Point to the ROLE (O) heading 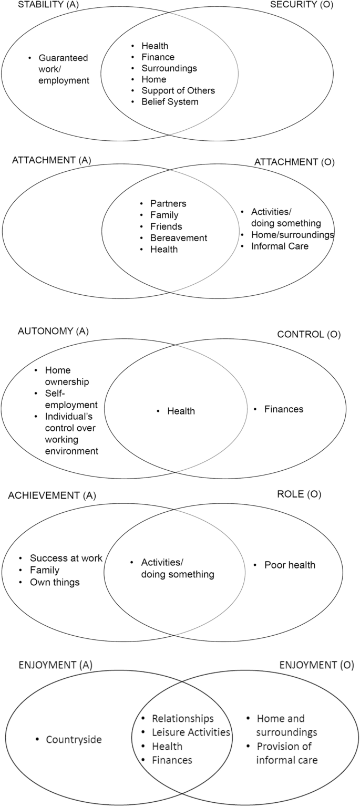(299, 494)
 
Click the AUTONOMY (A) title (54, 331)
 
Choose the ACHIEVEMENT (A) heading (52, 495)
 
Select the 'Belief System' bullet (170, 101)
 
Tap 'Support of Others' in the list (178, 90)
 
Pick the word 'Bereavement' (179, 238)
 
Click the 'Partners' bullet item (168, 203)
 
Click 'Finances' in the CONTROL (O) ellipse (284, 408)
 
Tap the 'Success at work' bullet (66, 558)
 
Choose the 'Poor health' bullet (290, 565)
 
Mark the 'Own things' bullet (55, 582)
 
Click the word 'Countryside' (74, 740)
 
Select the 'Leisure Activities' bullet (191, 732)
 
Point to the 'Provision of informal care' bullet (287, 753)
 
